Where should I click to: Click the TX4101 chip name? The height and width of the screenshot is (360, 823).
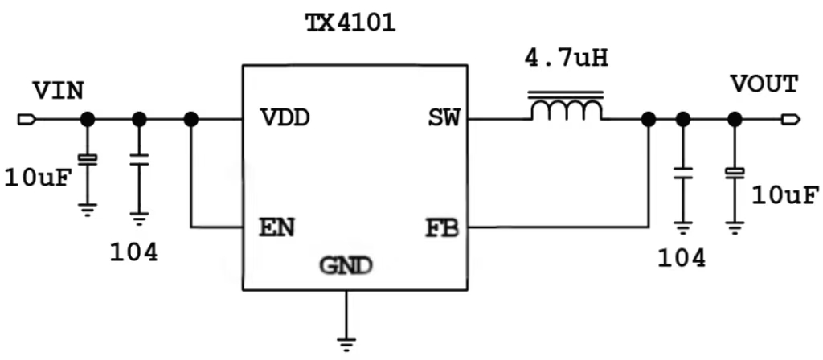point(350,22)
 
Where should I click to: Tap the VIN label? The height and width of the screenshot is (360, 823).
point(58,90)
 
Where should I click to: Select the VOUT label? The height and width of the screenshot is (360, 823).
point(764,84)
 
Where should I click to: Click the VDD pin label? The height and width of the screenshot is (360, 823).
point(285,119)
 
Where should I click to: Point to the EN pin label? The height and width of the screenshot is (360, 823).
point(276,227)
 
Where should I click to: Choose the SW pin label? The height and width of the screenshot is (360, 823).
point(444,119)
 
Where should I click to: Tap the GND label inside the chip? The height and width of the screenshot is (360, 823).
point(346,264)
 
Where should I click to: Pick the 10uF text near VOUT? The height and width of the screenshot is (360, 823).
point(785,194)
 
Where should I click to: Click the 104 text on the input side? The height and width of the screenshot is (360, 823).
point(133,252)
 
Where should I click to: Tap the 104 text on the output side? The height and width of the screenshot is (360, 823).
point(681,257)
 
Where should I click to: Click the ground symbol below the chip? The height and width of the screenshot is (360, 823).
point(346,345)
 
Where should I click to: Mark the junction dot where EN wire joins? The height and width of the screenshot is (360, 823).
point(190,120)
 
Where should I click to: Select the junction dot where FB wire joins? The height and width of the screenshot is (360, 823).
point(648,120)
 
